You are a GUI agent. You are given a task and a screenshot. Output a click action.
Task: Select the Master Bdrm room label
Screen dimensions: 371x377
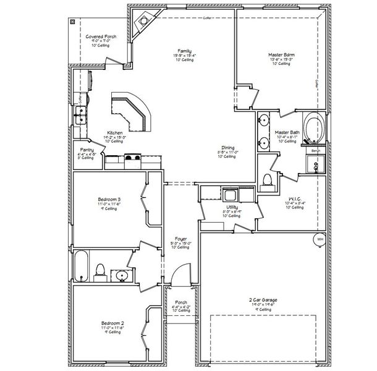coord(281,55)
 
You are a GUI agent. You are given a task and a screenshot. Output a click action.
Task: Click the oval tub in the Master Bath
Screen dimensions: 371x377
coord(315,127)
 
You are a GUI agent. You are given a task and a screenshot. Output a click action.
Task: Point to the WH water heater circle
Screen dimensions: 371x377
coord(320,239)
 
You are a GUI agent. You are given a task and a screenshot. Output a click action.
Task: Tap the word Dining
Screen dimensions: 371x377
coord(228,147)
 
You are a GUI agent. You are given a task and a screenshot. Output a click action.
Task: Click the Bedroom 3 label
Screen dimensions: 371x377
coord(109,199)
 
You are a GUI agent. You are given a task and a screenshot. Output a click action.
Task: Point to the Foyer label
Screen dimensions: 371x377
coord(181,239)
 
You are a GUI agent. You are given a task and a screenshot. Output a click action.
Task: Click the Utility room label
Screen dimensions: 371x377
coord(232,207)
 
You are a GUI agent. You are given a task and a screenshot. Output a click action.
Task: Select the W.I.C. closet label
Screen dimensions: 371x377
coord(294,199)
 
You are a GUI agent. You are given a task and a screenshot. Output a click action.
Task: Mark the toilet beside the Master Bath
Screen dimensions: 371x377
coord(268,180)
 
